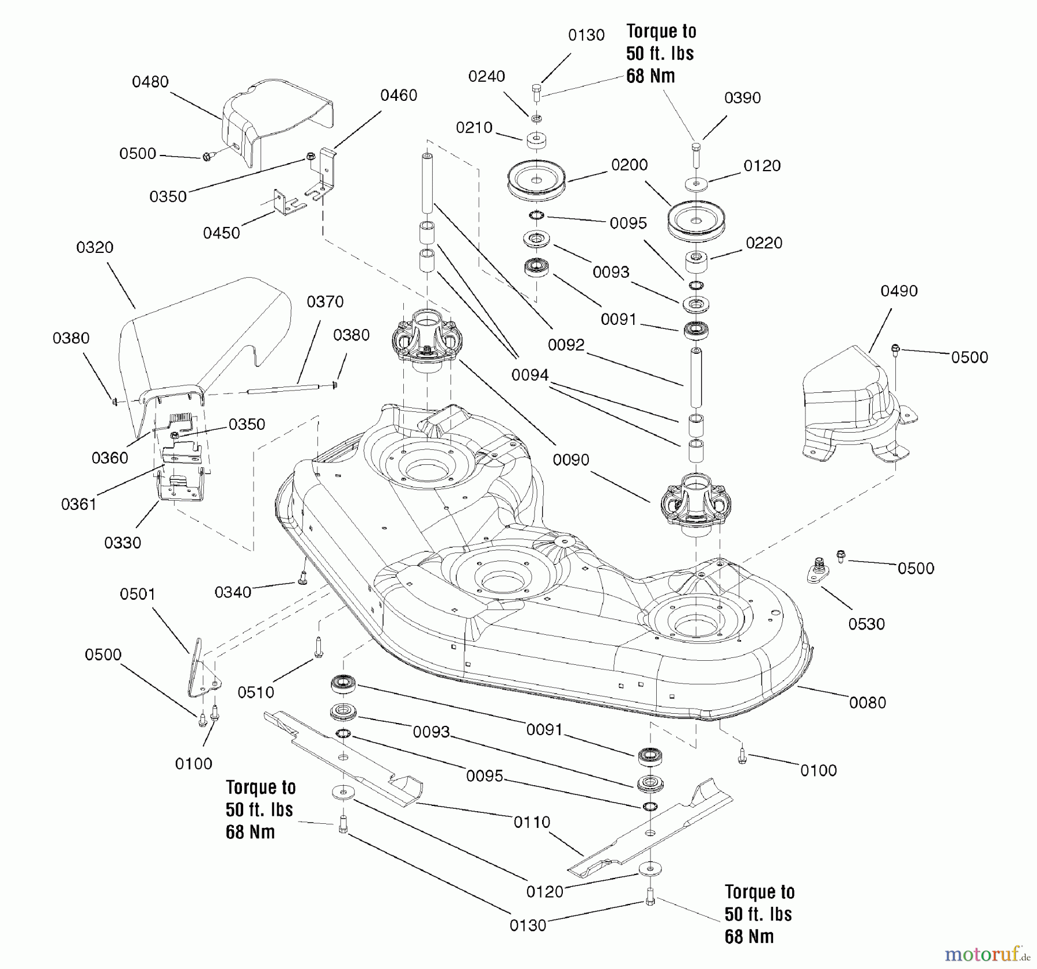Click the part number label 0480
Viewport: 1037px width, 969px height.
150,82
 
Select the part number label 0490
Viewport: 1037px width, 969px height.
899,291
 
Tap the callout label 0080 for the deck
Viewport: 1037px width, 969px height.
868,702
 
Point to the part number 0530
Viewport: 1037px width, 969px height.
866,624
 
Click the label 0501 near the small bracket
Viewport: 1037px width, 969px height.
138,594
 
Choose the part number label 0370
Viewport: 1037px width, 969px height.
325,302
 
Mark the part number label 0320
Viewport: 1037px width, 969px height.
94,248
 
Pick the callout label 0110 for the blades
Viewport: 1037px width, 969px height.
532,822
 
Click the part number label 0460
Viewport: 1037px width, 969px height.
399,95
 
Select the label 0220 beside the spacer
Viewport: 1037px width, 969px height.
764,243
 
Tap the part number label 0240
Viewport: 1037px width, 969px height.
486,76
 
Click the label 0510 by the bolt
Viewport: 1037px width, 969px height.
256,692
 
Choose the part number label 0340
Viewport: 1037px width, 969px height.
233,592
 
